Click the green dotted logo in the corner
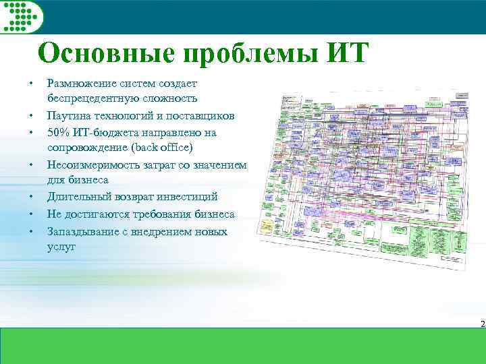point(22,16)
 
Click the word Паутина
point(68,115)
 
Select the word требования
point(157,214)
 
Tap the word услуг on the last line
point(61,247)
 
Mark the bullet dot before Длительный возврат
point(31,198)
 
